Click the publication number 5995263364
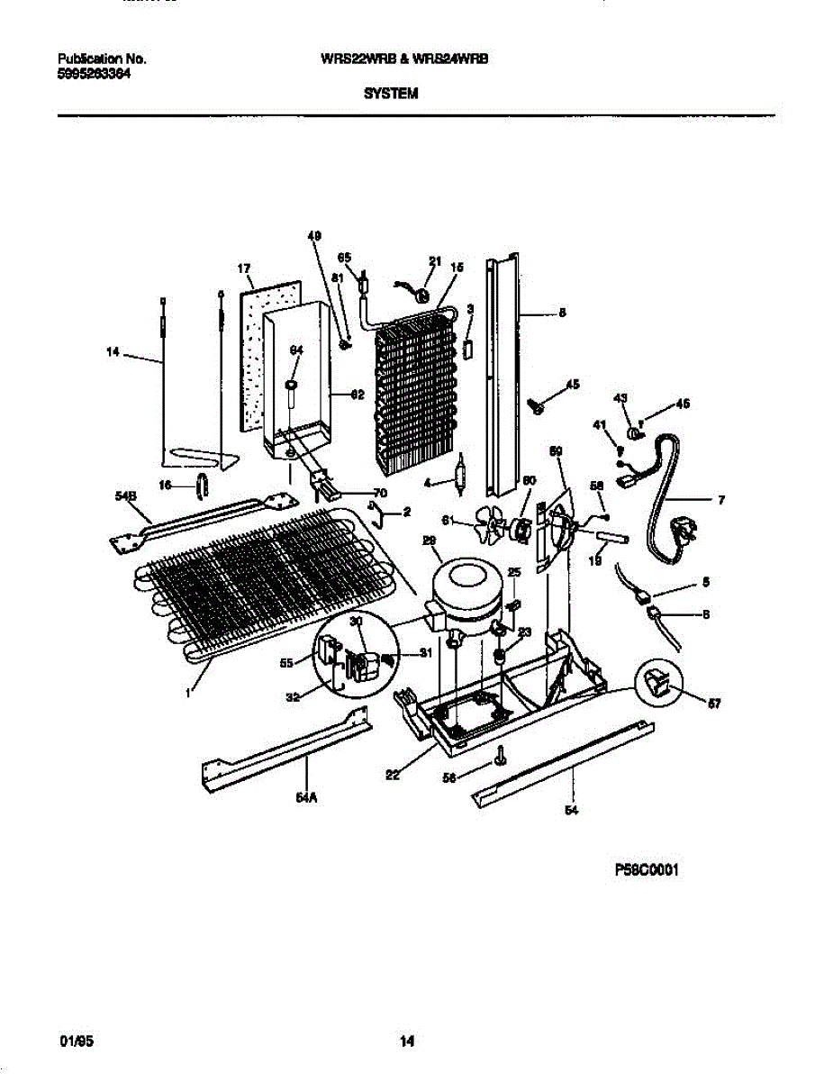(94, 75)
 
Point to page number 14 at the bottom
(406, 1042)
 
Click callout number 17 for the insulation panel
(243, 268)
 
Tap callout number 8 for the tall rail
(562, 313)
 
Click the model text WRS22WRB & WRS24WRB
(410, 59)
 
